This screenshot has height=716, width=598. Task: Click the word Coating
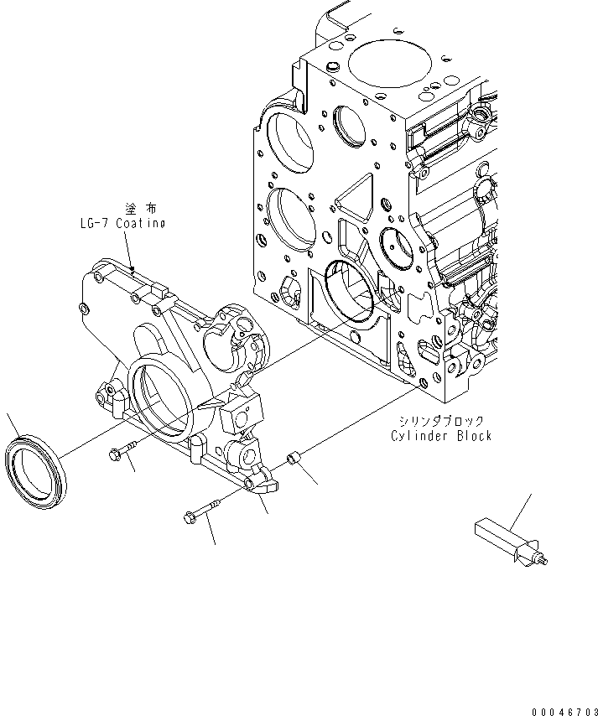click(139, 224)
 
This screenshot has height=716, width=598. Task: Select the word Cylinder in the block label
click(420, 436)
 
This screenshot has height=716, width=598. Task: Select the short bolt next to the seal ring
click(122, 453)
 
